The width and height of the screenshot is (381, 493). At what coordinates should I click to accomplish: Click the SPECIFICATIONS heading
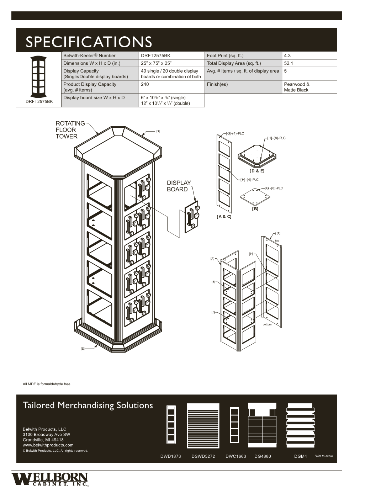(89, 42)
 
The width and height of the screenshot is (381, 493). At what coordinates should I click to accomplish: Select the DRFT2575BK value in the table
(155, 55)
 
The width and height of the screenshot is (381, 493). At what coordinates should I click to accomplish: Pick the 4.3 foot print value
(287, 55)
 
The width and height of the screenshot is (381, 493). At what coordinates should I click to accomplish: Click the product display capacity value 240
(145, 84)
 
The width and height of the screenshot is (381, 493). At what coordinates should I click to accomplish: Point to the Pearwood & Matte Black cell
(296, 87)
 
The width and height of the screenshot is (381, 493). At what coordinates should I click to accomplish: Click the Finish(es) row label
(217, 84)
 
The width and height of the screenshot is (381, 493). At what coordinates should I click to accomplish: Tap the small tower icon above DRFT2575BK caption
(38, 76)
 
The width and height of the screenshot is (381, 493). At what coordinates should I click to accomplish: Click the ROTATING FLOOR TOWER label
(70, 130)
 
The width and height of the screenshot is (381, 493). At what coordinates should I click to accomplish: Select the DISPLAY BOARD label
(179, 186)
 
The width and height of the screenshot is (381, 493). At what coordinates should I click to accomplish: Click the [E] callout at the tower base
(83, 349)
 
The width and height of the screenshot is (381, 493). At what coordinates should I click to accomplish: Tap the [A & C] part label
(224, 217)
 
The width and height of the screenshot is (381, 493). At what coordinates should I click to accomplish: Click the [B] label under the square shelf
(255, 209)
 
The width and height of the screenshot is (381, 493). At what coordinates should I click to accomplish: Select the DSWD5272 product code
(203, 456)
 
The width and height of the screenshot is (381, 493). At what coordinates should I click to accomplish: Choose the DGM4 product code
(300, 456)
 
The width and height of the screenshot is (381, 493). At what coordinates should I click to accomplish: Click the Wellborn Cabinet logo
(50, 479)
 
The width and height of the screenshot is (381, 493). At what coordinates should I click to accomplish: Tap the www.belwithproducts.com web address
(48, 445)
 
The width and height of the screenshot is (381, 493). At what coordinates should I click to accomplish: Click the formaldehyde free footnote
(47, 384)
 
